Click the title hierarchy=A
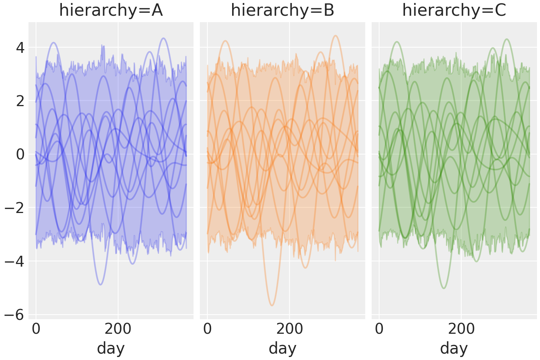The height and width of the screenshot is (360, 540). click(x=111, y=10)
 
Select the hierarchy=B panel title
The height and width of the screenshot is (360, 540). click(x=282, y=10)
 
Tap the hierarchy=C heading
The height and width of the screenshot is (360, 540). click(x=454, y=10)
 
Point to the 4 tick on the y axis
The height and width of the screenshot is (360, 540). click(x=19, y=48)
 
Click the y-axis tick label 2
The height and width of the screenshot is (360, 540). click(x=19, y=101)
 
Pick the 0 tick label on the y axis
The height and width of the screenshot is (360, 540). click(x=19, y=154)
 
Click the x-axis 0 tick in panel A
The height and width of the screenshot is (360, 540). click(x=36, y=329)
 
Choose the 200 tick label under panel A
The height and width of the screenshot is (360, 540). click(x=118, y=329)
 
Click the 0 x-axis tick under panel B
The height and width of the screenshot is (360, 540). click(x=207, y=329)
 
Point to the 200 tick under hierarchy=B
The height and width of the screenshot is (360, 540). click(x=289, y=329)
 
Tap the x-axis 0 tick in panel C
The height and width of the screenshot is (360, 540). click(x=379, y=329)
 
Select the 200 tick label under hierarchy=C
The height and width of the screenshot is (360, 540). click(x=461, y=329)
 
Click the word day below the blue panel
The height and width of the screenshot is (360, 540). click(x=111, y=348)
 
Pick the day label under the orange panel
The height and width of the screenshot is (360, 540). click(x=282, y=348)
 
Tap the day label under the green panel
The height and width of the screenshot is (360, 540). click(x=454, y=348)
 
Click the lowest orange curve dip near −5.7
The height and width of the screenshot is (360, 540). click(x=272, y=306)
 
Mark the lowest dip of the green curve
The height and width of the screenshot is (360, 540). click(x=444, y=288)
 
